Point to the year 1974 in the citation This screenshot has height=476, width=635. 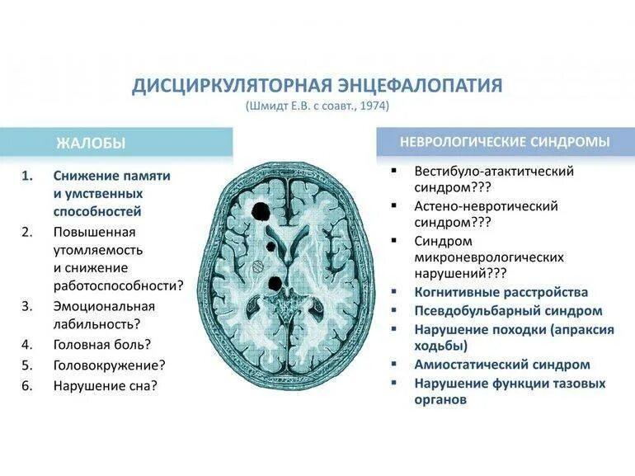(x=374, y=106)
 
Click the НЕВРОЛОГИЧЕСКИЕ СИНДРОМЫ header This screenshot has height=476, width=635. (x=505, y=142)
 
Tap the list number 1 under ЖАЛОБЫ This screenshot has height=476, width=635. (x=27, y=176)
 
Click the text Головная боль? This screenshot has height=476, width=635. (x=102, y=345)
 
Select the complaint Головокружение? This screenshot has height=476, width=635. (x=110, y=365)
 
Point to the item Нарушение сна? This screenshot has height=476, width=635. (x=106, y=385)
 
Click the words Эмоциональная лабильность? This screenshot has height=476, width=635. (x=104, y=315)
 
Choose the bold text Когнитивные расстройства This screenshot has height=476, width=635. (x=501, y=292)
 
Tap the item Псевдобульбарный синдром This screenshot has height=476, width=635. (x=509, y=311)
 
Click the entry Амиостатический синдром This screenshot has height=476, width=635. (x=502, y=364)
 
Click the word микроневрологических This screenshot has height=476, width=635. (x=489, y=257)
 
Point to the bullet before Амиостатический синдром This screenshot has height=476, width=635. (x=396, y=364)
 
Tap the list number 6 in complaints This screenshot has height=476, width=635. (x=27, y=385)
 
